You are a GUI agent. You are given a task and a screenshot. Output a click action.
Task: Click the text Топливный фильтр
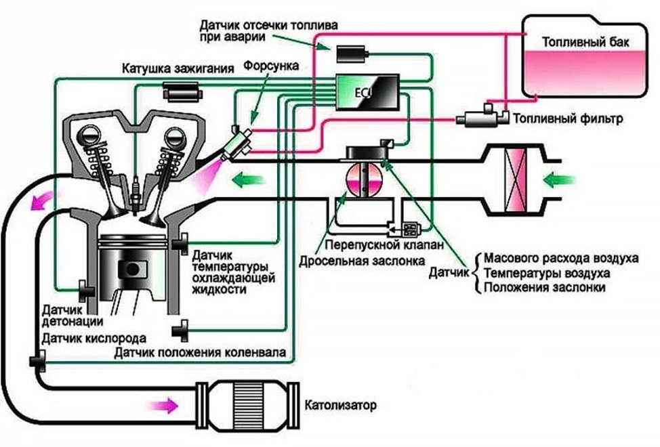tap(567, 120)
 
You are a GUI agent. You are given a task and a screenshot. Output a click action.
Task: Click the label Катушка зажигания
tap(178, 68)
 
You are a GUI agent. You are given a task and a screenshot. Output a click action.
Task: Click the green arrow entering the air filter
tap(562, 180)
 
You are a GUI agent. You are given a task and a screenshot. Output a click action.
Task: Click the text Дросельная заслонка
tap(361, 260)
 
